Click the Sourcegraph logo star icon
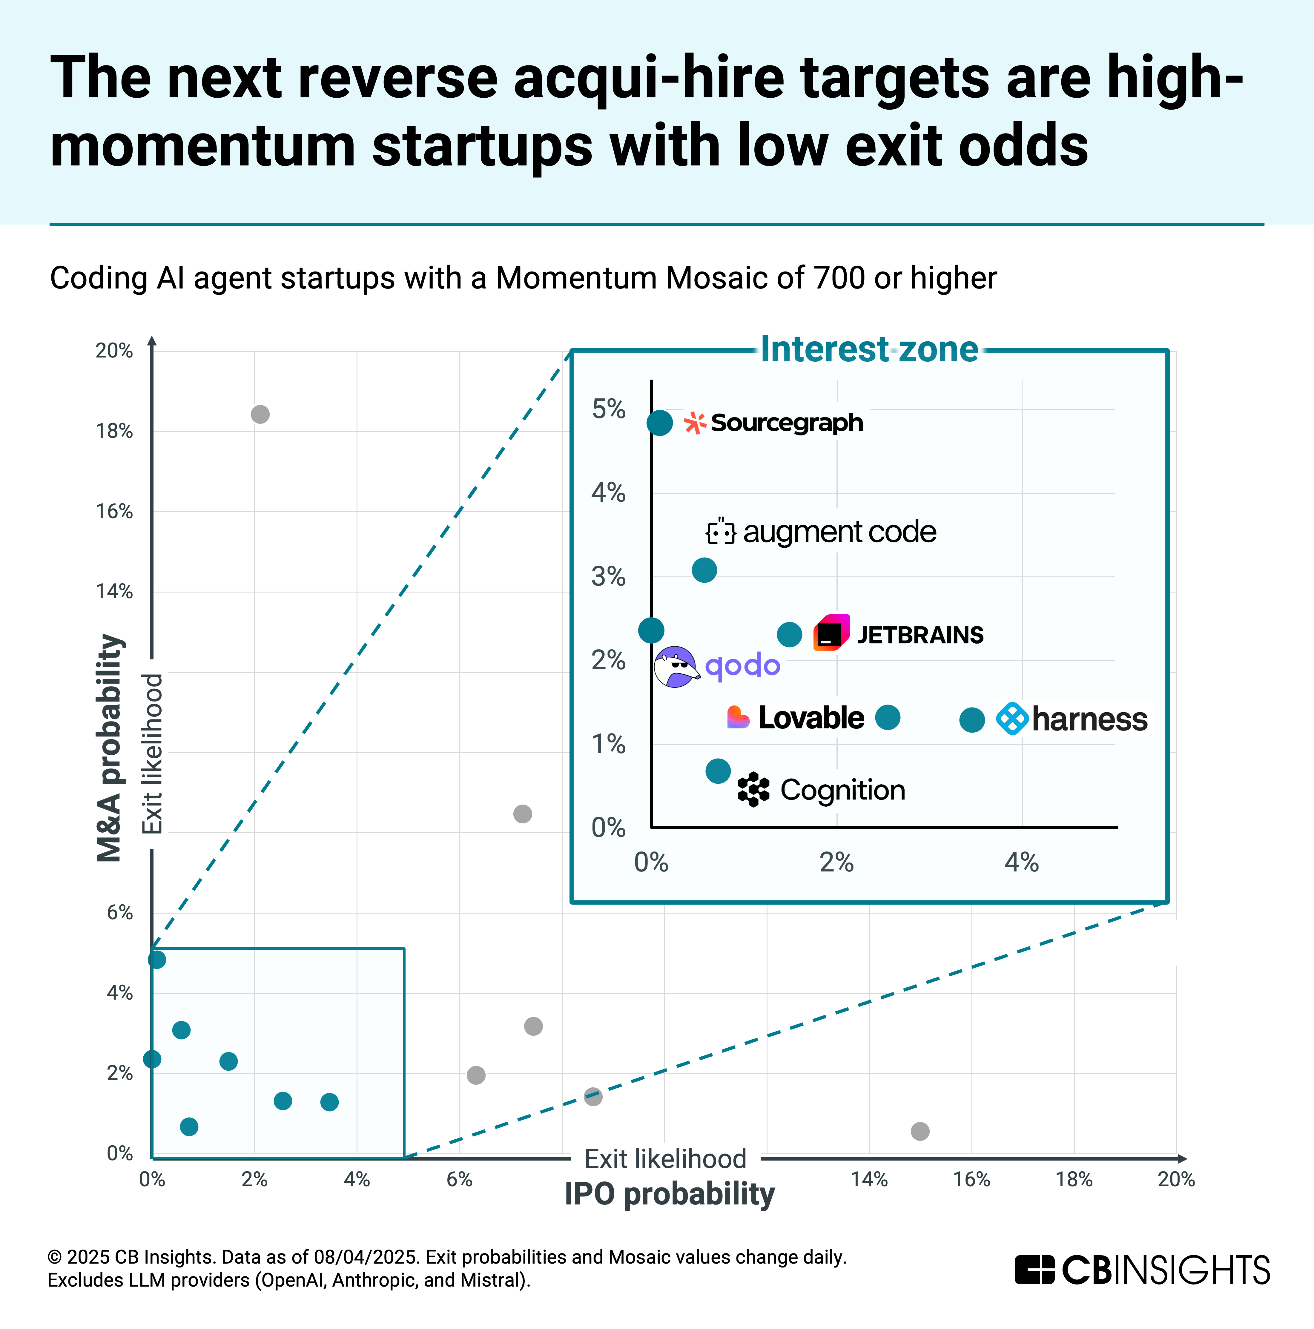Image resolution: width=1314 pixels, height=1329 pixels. tap(695, 423)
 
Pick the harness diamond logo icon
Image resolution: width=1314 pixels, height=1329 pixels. tap(1012, 719)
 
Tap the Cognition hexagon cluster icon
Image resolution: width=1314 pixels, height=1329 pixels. tap(753, 789)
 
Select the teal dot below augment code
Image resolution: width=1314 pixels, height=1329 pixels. tap(704, 570)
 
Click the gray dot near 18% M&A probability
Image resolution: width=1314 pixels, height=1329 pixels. tap(260, 414)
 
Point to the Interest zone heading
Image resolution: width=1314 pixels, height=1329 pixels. tap(869, 349)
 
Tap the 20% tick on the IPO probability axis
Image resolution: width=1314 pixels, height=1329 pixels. tap(1176, 1180)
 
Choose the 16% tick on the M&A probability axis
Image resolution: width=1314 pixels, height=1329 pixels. tap(114, 511)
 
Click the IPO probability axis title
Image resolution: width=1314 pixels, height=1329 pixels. tap(669, 1194)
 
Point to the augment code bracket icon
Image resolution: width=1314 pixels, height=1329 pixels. tap(720, 531)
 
